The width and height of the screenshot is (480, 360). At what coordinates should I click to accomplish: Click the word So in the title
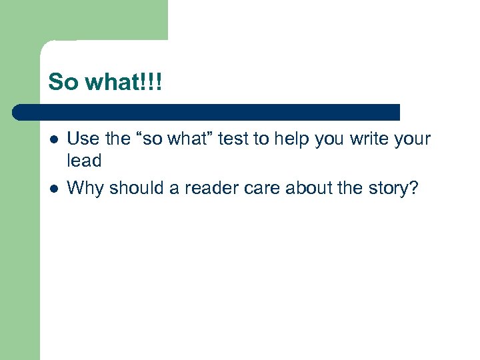[x=63, y=82]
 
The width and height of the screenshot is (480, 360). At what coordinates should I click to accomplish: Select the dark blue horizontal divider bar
[x=207, y=111]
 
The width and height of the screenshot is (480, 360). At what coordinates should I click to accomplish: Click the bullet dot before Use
[x=53, y=139]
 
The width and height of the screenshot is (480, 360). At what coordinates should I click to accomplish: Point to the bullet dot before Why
[x=53, y=189]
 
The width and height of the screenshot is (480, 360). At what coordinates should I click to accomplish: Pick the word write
[x=364, y=139]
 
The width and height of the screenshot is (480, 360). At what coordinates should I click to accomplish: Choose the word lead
[x=85, y=161]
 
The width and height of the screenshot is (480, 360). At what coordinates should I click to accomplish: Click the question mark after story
[x=414, y=189]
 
